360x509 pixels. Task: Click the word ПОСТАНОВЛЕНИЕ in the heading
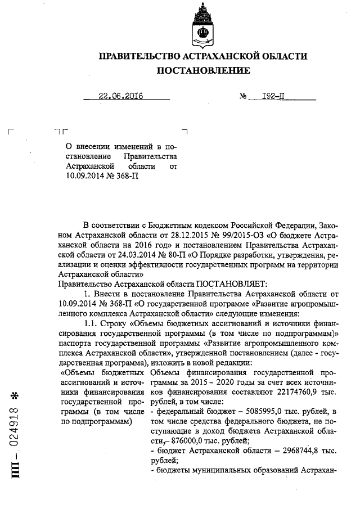pos(203,71)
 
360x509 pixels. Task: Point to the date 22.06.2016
pos(120,96)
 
